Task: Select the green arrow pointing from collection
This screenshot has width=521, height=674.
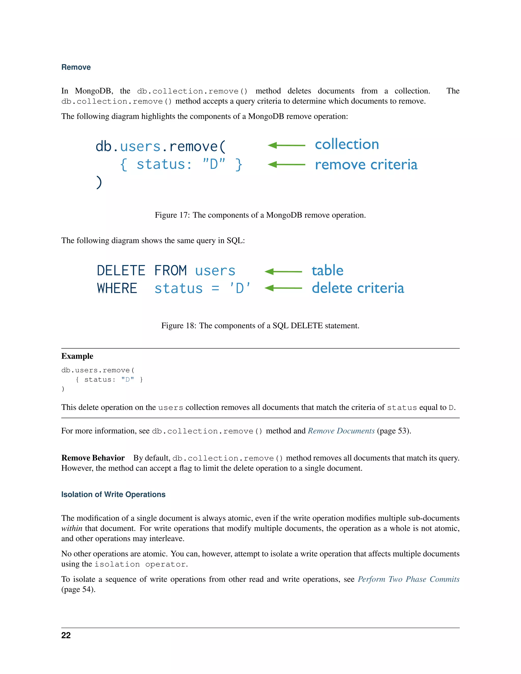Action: click(286, 145)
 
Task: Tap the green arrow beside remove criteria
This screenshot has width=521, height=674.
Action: click(286, 165)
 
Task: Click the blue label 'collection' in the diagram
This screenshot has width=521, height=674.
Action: click(347, 144)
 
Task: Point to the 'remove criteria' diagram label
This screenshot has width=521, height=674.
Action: click(366, 165)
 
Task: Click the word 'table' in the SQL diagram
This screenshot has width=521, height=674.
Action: click(327, 271)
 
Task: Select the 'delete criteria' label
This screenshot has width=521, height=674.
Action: click(357, 288)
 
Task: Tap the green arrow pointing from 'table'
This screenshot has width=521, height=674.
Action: click(283, 272)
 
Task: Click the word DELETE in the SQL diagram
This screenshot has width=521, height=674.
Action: click(121, 271)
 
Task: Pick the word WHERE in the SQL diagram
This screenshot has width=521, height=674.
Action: click(117, 288)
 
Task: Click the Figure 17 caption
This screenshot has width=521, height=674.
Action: click(260, 215)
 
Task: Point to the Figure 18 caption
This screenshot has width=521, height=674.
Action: click(260, 326)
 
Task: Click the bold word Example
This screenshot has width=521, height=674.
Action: click(77, 356)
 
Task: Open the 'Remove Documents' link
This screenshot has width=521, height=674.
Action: click(341, 431)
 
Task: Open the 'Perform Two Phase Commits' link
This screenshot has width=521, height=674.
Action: click(408, 579)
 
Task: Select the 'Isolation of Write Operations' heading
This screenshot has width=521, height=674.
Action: click(113, 494)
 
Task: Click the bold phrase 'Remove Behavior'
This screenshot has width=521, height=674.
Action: click(93, 458)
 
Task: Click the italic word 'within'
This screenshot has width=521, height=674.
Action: click(71, 528)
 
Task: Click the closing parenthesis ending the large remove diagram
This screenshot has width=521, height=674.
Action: click(99, 182)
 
